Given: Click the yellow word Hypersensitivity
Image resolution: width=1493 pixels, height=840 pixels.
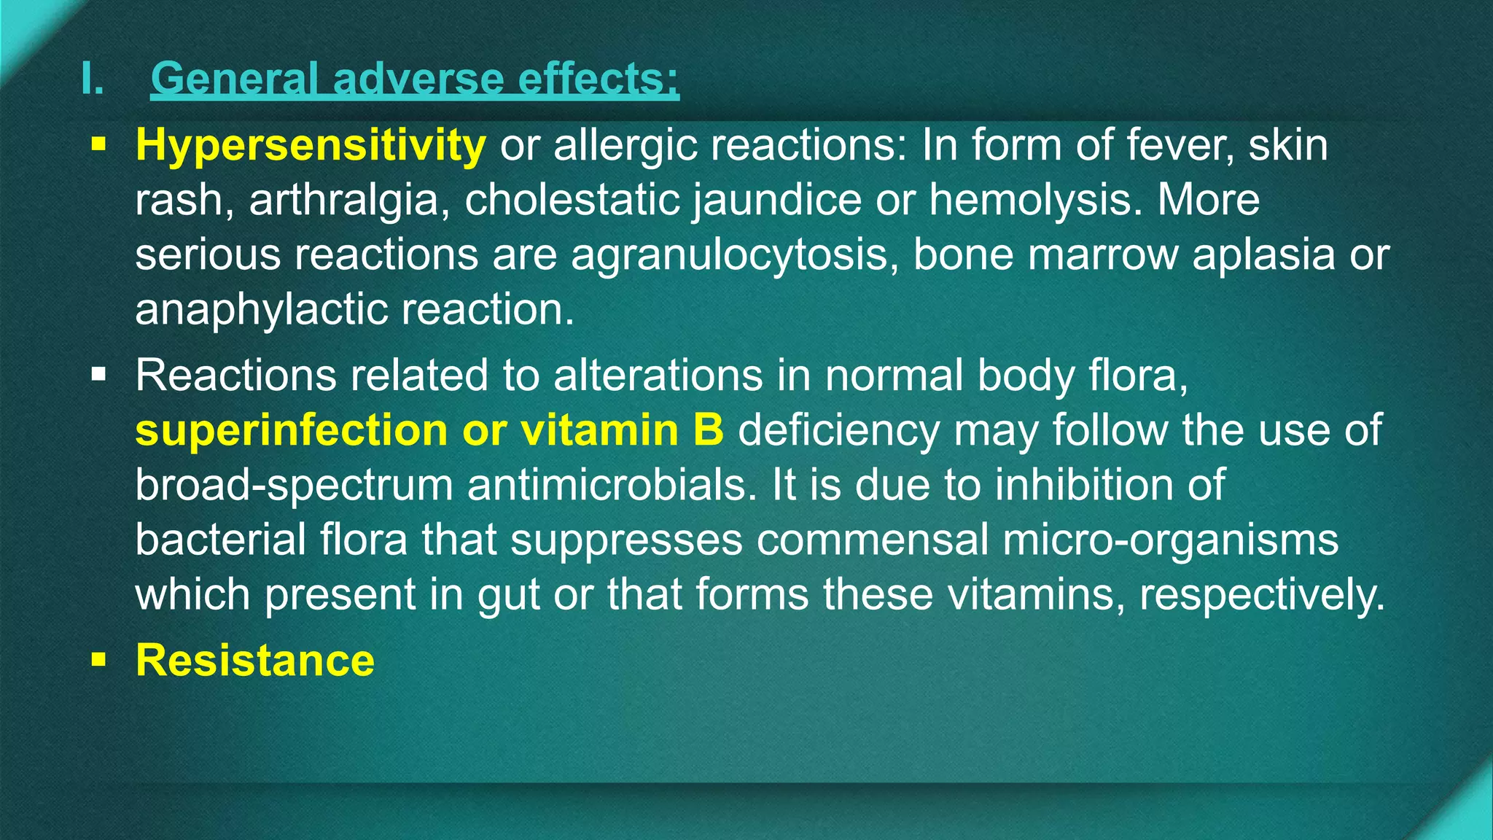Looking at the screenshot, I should pos(311,145).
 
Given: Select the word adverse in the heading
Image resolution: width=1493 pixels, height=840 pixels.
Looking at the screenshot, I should pos(418,79).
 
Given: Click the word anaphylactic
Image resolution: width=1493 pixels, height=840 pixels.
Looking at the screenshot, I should pos(261,309).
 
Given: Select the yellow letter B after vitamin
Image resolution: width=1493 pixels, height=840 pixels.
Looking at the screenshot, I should pos(708,429).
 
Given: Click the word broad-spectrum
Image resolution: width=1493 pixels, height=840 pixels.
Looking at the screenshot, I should pos(293,484).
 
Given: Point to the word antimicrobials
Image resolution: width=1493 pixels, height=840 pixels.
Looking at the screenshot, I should pos(612,484).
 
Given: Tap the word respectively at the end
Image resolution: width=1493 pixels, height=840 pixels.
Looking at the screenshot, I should pos(1260,594).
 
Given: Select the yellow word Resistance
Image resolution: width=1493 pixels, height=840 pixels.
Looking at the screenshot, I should pos(255,660).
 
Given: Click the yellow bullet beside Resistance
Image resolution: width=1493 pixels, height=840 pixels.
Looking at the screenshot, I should pos(98,660).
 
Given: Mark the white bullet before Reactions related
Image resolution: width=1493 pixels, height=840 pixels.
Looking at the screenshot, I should pos(98,376).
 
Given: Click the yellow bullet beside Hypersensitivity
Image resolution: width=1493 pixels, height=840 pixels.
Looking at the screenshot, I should pos(98,145).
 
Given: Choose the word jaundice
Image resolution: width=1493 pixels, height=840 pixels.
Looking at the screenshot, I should pos(777,200).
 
